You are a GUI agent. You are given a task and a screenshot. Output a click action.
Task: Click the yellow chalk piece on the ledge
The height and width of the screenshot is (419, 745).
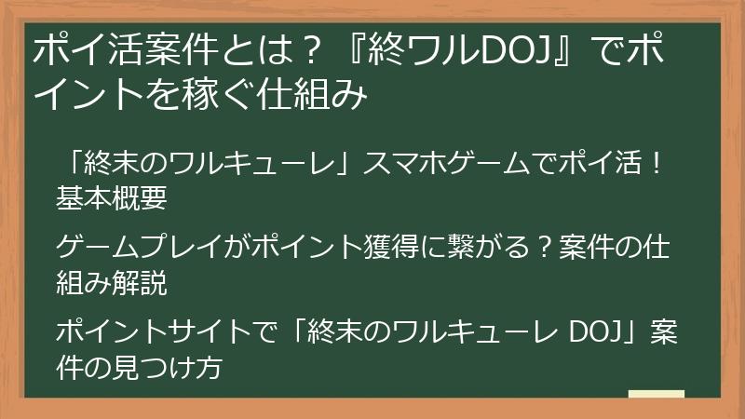(x=657, y=394)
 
